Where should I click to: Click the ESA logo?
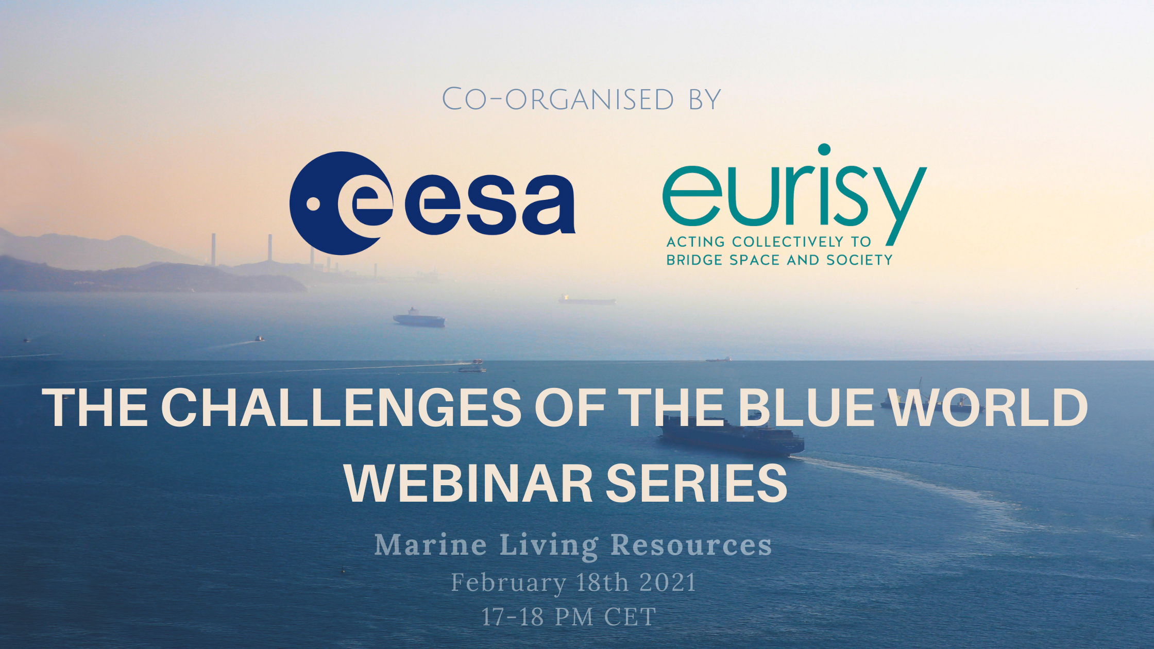[x=432, y=203]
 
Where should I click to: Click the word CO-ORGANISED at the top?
[x=558, y=99]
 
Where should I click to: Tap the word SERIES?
[x=697, y=483]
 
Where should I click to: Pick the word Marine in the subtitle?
[x=431, y=545]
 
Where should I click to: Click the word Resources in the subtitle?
[x=691, y=545]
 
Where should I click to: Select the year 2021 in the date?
[x=668, y=583]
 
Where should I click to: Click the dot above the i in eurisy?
[x=824, y=149]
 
